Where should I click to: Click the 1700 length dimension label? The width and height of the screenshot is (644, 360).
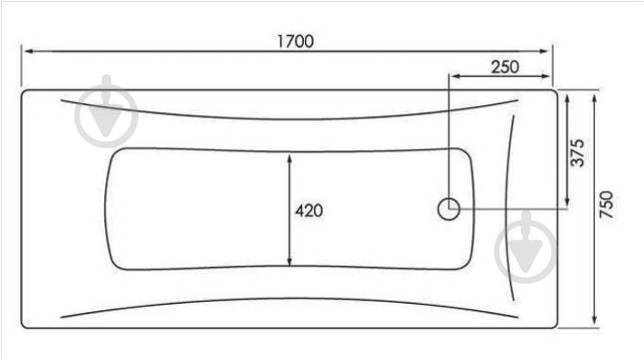[x=296, y=42]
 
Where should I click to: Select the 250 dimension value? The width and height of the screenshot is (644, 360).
[x=506, y=67]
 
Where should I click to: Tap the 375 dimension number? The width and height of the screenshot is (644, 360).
[x=577, y=153]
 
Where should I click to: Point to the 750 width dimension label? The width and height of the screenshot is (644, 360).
[x=606, y=204]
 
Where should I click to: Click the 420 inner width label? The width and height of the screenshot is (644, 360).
[x=308, y=211]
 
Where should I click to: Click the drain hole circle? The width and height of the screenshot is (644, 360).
[x=449, y=209]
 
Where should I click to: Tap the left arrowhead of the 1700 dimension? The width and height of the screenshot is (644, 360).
[x=29, y=52]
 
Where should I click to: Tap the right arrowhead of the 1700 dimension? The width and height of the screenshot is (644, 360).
[x=544, y=52]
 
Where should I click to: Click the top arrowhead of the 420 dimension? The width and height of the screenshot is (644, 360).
[x=289, y=158]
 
